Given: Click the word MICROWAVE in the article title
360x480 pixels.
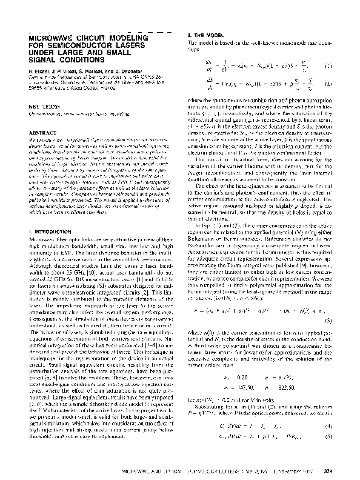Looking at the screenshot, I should [x=50, y=37].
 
